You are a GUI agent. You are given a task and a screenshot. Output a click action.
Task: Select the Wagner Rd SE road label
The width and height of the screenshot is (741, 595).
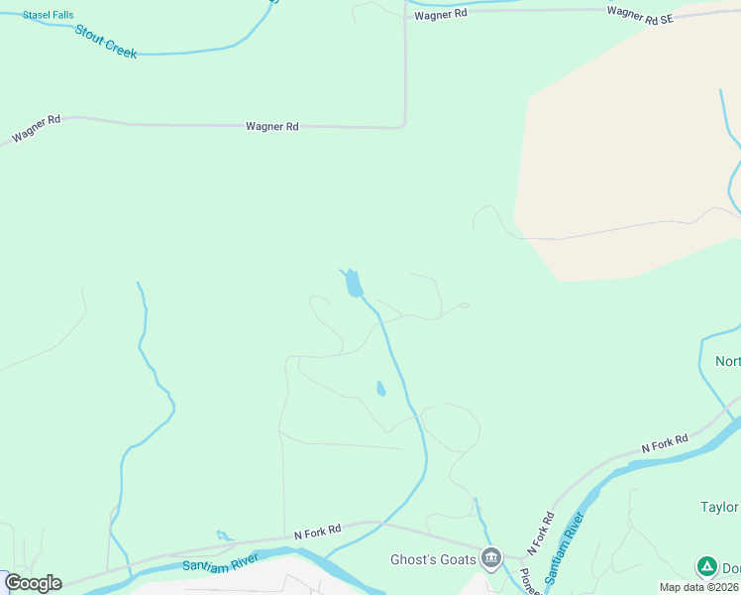pyautogui.click(x=640, y=14)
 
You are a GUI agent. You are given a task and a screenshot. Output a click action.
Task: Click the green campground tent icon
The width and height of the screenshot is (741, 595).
pyautogui.click(x=706, y=566)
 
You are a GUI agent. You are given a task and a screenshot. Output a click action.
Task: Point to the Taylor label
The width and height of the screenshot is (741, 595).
pyautogui.click(x=719, y=507)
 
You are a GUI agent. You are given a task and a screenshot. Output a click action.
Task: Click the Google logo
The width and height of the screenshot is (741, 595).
pyautogui.click(x=33, y=583)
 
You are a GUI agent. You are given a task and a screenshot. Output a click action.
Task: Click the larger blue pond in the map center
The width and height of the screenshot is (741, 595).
pyautogui.click(x=353, y=286)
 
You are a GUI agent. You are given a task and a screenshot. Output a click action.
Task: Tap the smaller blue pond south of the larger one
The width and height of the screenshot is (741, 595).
pyautogui.click(x=380, y=389)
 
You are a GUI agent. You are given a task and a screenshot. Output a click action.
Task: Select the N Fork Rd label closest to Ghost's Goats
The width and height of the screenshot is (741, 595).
pyautogui.click(x=539, y=534)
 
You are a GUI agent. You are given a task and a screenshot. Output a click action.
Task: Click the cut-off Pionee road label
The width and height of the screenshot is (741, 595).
pyautogui.click(x=528, y=581)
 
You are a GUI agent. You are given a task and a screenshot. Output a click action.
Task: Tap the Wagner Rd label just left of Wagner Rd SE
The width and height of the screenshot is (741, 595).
pyautogui.click(x=441, y=15)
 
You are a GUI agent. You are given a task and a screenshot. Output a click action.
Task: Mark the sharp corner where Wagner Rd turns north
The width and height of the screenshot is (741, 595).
pyautogui.click(x=404, y=125)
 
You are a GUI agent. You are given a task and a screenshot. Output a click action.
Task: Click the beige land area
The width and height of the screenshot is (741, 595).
pyautogui.click(x=624, y=149)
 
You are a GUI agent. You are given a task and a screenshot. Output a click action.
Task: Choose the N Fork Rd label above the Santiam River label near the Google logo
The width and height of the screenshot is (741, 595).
pyautogui.click(x=317, y=533)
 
